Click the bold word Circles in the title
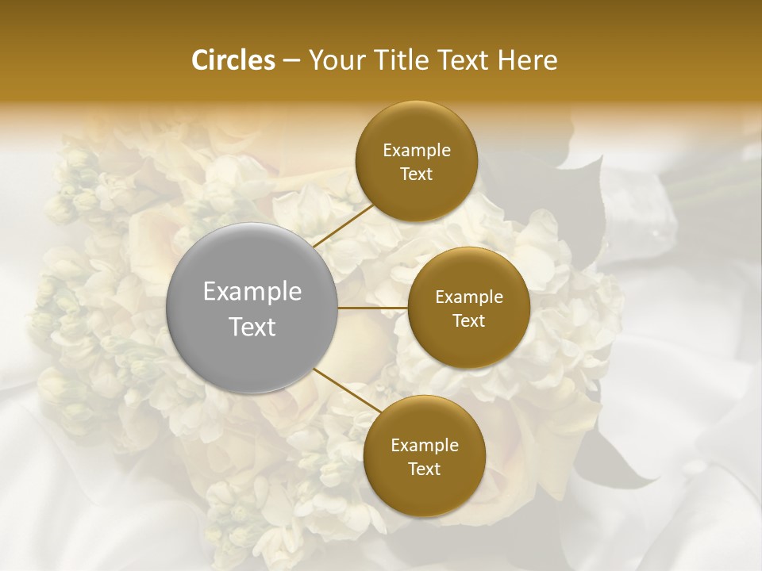pyautogui.click(x=233, y=60)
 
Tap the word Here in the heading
pyautogui.click(x=527, y=60)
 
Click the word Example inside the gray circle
pyautogui.click(x=252, y=292)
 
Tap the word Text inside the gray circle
pyautogui.click(x=252, y=327)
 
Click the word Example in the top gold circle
pyautogui.click(x=416, y=151)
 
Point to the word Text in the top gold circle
pyautogui.click(x=416, y=174)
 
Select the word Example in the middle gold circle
pyautogui.click(x=468, y=297)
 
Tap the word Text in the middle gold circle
pyautogui.click(x=468, y=320)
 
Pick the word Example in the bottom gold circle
pyautogui.click(x=424, y=446)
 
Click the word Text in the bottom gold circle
pyautogui.click(x=424, y=469)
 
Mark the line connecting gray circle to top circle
pyautogui.click(x=342, y=224)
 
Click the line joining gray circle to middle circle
pyautogui.click(x=373, y=308)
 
